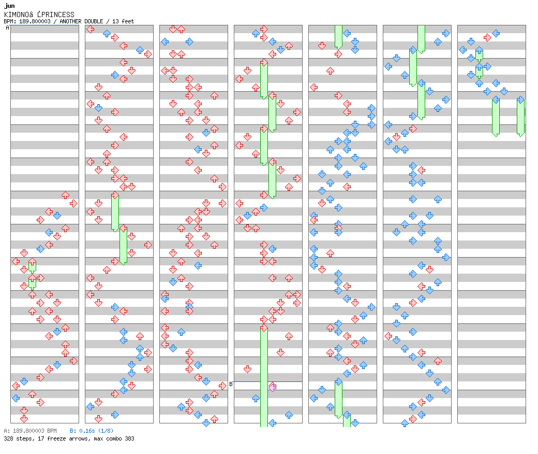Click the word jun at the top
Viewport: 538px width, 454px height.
point(10,6)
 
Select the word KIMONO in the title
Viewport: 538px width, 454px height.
point(17,15)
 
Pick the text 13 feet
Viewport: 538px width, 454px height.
point(123,21)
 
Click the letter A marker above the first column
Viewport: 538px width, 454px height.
point(7,27)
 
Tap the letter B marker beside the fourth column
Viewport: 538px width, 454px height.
point(231,384)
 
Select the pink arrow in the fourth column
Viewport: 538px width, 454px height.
point(273,388)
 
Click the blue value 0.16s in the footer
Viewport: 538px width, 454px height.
point(87,431)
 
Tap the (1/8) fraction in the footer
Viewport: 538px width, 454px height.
point(106,431)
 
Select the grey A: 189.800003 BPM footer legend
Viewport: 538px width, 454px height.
point(30,431)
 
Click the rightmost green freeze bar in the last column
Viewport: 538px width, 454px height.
point(520,118)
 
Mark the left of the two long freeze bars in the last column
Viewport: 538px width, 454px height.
point(496,118)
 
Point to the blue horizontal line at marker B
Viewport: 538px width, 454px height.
point(268,381)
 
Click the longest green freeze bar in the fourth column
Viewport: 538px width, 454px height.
point(264,377)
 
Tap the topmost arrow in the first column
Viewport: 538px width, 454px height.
point(65,195)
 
